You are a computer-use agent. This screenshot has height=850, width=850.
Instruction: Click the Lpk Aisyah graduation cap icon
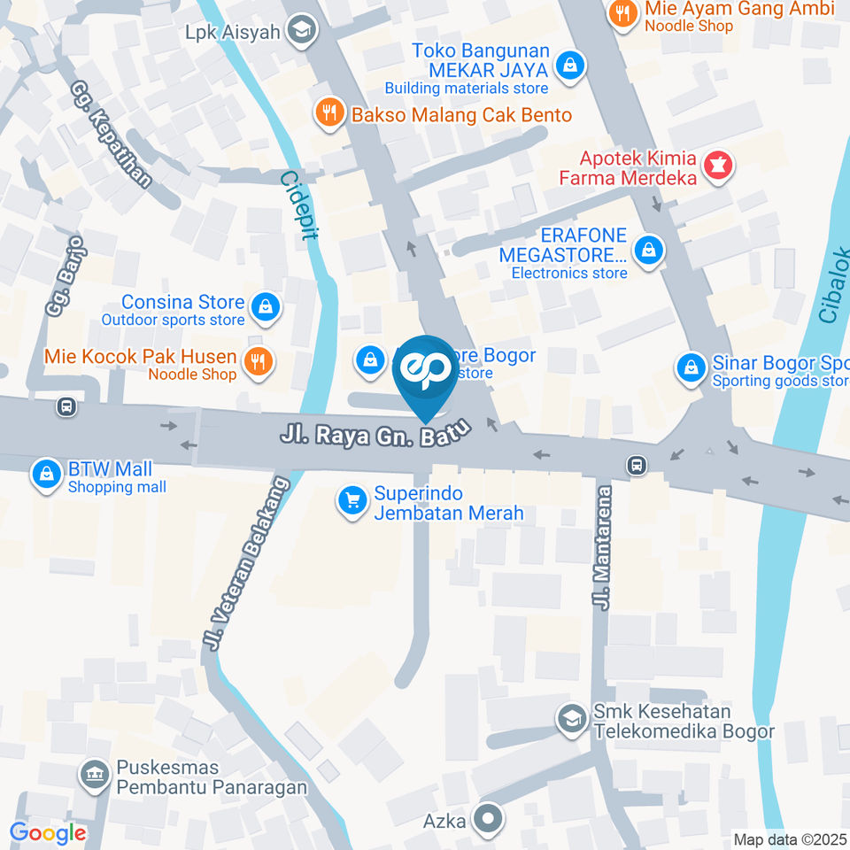coord(303,30)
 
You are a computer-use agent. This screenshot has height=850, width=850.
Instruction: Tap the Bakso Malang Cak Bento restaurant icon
coord(330,112)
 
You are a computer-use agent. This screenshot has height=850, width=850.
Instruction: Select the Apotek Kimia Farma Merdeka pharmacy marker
coord(715,166)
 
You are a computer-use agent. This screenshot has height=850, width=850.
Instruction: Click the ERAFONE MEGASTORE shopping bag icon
coord(650,250)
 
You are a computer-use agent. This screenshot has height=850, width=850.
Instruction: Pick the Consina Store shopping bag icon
coord(264,307)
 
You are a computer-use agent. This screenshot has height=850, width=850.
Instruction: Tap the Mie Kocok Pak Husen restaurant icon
coord(258,361)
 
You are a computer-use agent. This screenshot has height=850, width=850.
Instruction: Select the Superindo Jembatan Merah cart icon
coord(352,501)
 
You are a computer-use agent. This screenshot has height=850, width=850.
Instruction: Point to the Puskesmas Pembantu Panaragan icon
coord(92,776)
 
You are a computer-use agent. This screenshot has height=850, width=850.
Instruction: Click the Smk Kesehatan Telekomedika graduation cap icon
coord(571,718)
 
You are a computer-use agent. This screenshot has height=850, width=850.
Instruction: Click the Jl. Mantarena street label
coord(604,547)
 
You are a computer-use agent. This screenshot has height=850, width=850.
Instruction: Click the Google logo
coord(48,832)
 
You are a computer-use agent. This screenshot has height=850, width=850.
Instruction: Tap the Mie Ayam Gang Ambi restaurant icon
coord(624,14)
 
